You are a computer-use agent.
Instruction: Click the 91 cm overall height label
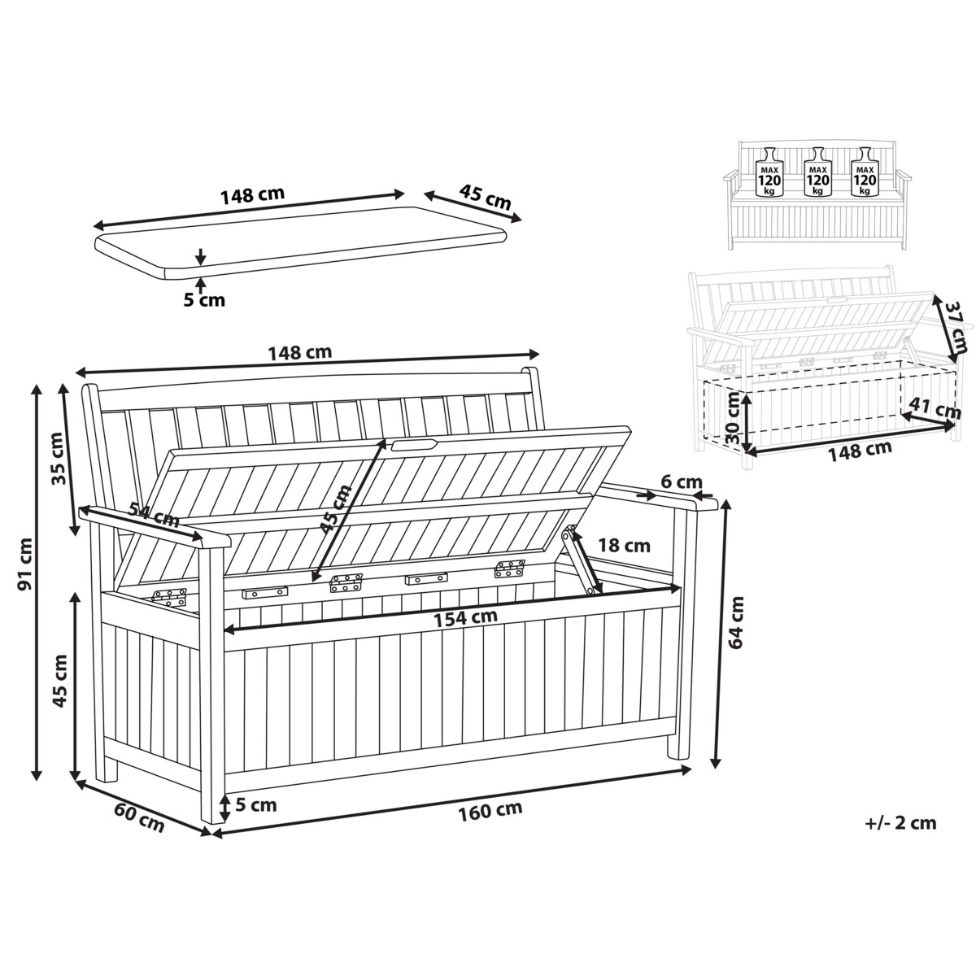click(25, 563)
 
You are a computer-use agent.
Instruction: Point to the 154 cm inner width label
click(465, 617)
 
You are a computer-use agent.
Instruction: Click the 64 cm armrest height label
click(734, 621)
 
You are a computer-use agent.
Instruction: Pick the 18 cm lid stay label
click(624, 546)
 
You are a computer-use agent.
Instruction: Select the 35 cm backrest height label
click(60, 460)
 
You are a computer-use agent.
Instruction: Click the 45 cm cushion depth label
click(485, 197)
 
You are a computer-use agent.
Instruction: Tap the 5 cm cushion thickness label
click(203, 300)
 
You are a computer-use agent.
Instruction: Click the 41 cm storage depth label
click(935, 408)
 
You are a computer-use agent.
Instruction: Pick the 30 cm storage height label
click(733, 417)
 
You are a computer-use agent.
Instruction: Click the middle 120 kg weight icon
click(817, 172)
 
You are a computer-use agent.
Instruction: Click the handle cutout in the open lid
click(414, 444)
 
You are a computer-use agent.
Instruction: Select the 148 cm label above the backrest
click(300, 352)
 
